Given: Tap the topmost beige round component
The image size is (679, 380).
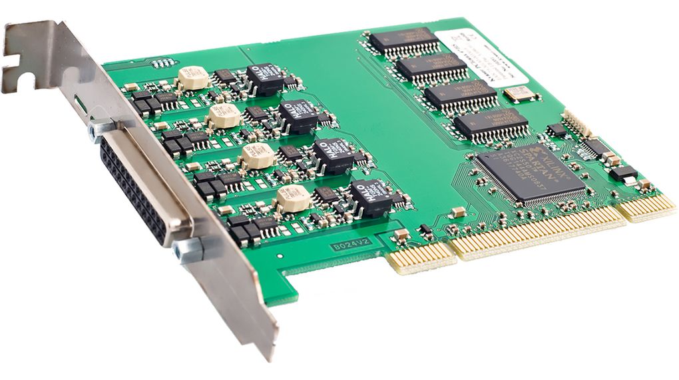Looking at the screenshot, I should click(192, 77).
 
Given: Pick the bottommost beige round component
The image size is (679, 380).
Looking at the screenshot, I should click(293, 197).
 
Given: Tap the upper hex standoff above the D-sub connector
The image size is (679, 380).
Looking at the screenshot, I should click(101, 128).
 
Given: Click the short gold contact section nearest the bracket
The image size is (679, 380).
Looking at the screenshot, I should click(421, 257).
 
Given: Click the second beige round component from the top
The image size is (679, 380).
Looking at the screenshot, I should click(224, 115).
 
